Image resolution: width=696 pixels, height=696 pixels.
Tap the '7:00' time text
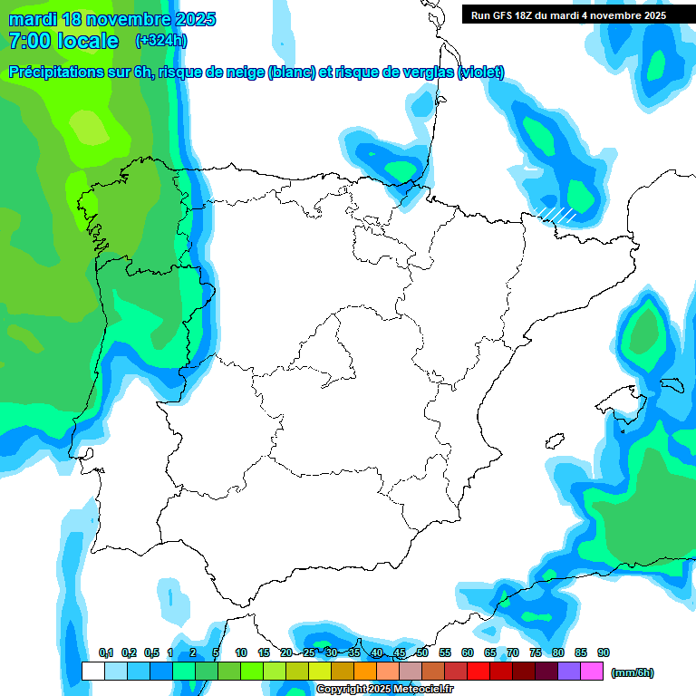[x=27, y=41]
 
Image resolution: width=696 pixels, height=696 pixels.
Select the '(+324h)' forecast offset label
[x=160, y=41]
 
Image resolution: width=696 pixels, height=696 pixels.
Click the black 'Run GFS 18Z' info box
[x=568, y=14]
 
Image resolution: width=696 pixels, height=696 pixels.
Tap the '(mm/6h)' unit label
[x=633, y=672]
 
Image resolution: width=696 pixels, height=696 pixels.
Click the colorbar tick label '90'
[x=603, y=652]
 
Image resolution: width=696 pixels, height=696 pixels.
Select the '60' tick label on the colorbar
[x=467, y=652]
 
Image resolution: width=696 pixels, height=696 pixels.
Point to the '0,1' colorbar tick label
[x=105, y=652]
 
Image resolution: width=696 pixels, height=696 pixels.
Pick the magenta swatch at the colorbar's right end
[x=592, y=672]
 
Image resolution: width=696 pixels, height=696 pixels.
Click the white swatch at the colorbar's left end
[x=92, y=672]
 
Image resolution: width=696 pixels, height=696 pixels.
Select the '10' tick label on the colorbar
[x=240, y=652]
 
